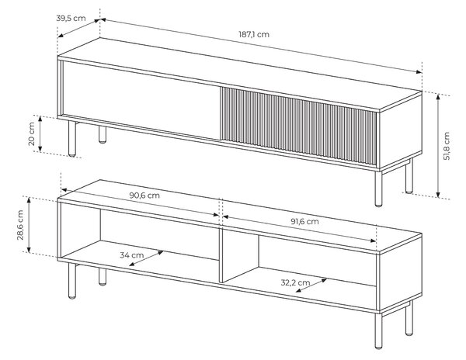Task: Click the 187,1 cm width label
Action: (254, 34)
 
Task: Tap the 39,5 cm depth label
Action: (71, 18)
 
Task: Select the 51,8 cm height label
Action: (447, 146)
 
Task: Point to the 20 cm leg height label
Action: (32, 133)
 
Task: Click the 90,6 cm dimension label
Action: (144, 196)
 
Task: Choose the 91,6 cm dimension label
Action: (304, 221)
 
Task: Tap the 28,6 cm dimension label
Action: (20, 225)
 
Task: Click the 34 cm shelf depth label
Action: (132, 255)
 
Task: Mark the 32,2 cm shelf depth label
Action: (295, 282)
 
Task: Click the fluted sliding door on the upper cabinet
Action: (298, 126)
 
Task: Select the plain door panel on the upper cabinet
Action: (141, 100)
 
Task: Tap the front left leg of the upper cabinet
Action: (72, 138)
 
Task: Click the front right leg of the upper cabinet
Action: (378, 189)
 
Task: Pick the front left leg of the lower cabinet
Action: (72, 281)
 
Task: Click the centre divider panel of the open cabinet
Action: (221, 255)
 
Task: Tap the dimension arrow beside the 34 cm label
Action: (146, 258)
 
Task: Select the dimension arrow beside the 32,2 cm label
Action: (311, 285)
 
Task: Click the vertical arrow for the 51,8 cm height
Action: (438, 145)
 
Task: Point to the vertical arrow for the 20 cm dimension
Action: (40, 134)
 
